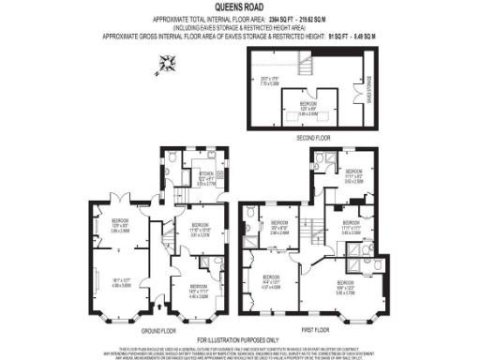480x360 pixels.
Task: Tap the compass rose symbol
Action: point(169,64)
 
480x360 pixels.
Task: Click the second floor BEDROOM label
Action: point(308,106)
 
